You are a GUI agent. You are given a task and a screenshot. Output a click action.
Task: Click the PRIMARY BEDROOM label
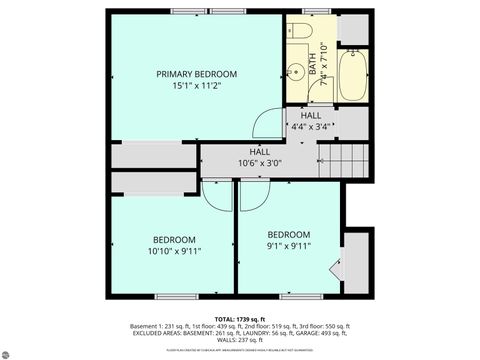[196, 74]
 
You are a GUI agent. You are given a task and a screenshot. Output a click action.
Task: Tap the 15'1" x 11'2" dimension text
[196, 87]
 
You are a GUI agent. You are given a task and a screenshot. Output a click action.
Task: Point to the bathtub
[354, 76]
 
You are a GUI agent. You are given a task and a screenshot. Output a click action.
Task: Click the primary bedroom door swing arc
[267, 124]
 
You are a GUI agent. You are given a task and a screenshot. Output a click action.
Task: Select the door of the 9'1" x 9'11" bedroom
[251, 195]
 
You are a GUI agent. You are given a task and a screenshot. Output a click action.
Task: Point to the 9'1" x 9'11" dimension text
[288, 245]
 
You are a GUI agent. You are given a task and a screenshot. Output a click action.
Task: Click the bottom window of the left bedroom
[172, 296]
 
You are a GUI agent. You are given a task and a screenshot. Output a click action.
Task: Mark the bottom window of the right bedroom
[294, 296]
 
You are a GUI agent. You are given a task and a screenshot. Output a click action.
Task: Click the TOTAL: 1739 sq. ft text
[239, 317]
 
